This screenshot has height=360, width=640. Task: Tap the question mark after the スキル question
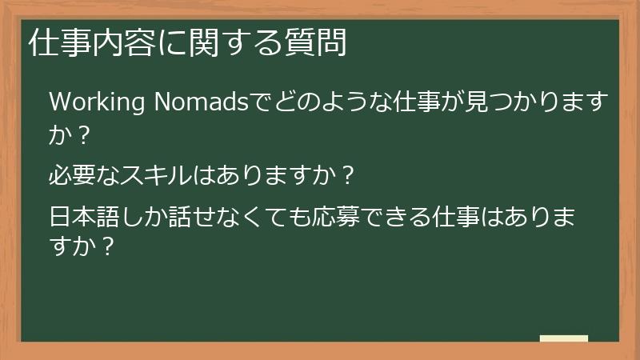346,173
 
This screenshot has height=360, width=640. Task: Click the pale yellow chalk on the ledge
563,338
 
